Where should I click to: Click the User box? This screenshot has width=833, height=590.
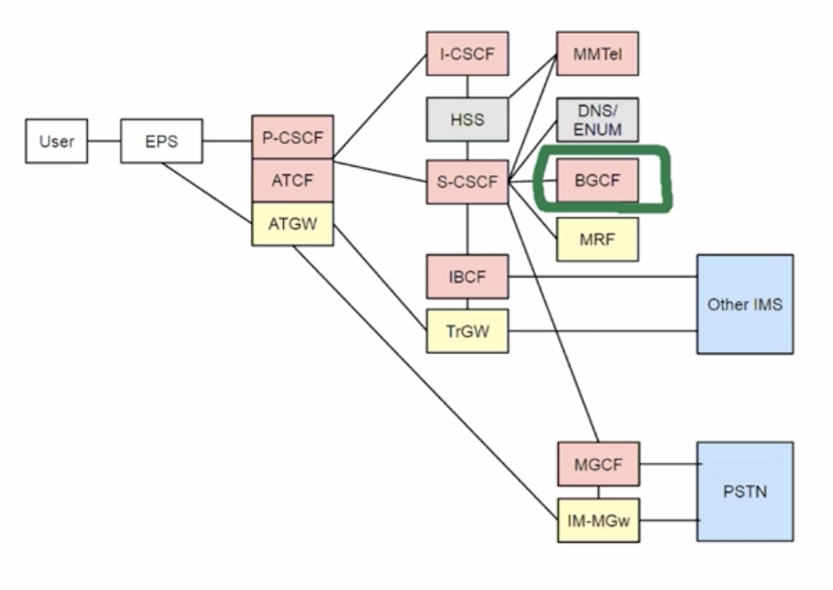click(56, 142)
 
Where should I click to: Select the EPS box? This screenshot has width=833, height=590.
click(161, 142)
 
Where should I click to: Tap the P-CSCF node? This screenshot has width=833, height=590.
click(292, 137)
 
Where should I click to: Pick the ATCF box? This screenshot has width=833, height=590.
click(292, 180)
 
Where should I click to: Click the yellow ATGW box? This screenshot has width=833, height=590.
click(292, 222)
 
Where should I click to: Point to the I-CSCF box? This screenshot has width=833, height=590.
click(467, 54)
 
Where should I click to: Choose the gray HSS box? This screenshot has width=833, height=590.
click(467, 119)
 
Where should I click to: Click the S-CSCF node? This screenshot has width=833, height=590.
click(467, 182)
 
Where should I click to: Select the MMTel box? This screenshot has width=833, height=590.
click(598, 54)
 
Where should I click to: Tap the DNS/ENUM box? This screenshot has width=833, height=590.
click(598, 119)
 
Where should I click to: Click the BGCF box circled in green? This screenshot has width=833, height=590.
click(598, 181)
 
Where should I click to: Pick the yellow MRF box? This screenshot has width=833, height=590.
click(598, 239)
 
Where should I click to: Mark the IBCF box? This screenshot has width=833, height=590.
click(467, 276)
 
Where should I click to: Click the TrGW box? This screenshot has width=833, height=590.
click(467, 331)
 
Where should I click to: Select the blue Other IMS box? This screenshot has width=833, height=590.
click(744, 304)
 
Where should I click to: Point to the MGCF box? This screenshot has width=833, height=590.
click(598, 465)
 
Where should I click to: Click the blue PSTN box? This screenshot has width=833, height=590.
click(744, 492)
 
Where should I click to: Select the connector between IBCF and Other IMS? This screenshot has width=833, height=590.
click(599, 276)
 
